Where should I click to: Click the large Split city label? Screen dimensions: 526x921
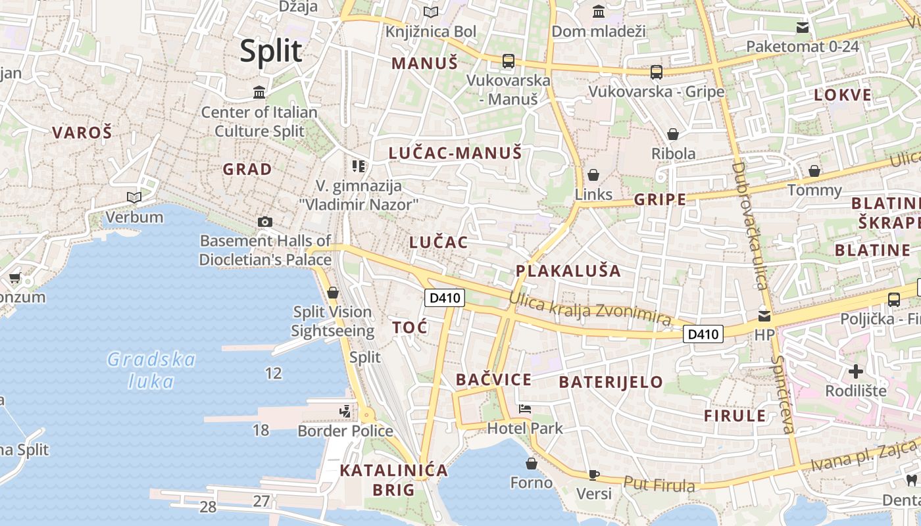point(271,51)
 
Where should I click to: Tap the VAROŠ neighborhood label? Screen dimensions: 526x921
point(82,132)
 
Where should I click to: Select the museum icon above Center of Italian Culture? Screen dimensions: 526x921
point(259,92)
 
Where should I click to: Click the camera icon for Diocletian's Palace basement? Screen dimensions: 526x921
point(265,222)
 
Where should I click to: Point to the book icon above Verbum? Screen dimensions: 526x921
point(134,197)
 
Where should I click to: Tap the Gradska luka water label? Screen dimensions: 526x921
point(151,370)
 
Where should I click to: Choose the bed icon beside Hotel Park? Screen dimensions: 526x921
point(525,409)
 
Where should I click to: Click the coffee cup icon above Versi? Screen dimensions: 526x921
point(594,475)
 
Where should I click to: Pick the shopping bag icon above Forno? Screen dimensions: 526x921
point(532,464)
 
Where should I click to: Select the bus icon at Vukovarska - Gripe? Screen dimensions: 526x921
point(656,72)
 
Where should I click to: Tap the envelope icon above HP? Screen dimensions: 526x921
point(764,316)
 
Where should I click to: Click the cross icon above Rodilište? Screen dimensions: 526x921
point(855,371)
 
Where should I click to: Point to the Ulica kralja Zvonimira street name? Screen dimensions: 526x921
point(590,309)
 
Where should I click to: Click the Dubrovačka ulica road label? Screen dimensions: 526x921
point(749,226)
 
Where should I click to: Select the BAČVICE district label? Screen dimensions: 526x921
point(493,379)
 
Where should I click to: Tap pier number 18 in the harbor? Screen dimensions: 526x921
point(261,430)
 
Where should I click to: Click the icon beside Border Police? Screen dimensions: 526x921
point(345,412)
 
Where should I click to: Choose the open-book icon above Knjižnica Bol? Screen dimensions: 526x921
point(431,12)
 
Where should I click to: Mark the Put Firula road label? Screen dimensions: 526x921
point(659,485)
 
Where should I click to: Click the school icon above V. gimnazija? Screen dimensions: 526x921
point(358,166)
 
